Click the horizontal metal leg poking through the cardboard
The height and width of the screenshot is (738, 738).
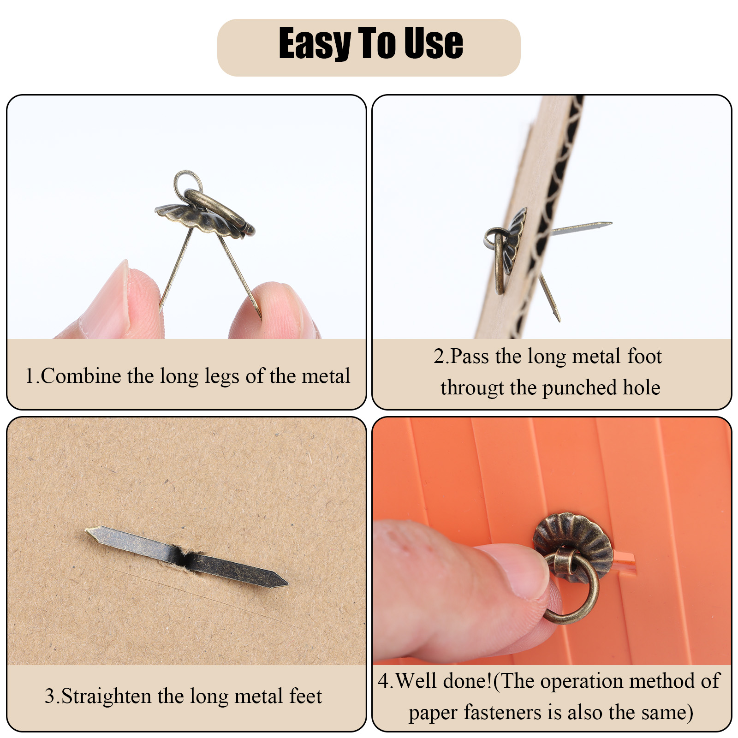581,227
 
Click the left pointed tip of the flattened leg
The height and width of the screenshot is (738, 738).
87,530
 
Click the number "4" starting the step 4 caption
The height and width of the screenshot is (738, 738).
384,681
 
